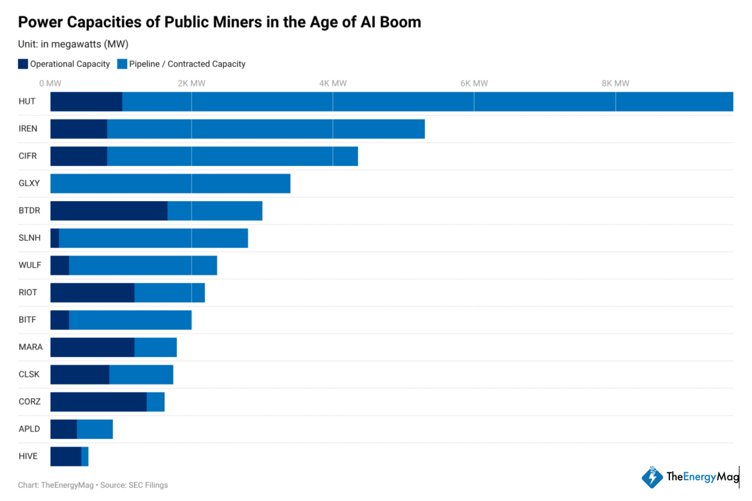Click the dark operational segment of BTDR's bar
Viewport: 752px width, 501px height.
click(108, 211)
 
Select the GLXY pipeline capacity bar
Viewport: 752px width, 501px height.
click(170, 183)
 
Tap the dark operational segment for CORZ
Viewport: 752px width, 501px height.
click(98, 402)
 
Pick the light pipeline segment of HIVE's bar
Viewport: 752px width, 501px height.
click(85, 457)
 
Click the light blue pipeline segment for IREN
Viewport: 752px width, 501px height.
click(266, 129)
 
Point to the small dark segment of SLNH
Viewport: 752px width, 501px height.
click(55, 238)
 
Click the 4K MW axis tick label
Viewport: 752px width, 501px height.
click(333, 83)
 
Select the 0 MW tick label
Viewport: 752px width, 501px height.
click(50, 83)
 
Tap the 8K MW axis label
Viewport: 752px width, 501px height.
click(615, 83)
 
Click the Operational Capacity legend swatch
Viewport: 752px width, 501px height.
click(23, 64)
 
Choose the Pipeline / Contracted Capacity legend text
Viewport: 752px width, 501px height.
click(187, 64)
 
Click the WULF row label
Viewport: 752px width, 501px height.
click(29, 266)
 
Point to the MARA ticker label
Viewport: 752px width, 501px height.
click(30, 347)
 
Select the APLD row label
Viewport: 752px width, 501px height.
click(29, 429)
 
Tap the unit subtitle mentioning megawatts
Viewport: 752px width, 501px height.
click(73, 44)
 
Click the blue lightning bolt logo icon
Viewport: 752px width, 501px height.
click(652, 477)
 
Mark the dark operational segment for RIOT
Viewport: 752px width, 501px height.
click(92, 292)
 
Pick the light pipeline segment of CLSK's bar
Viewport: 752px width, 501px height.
click(141, 374)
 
